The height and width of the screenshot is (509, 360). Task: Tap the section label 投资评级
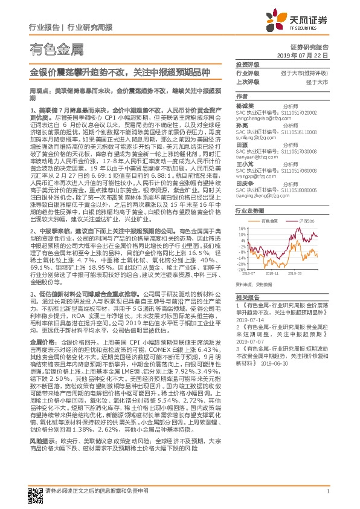[246, 64]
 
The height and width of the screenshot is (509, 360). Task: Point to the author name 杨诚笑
[243, 105]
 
